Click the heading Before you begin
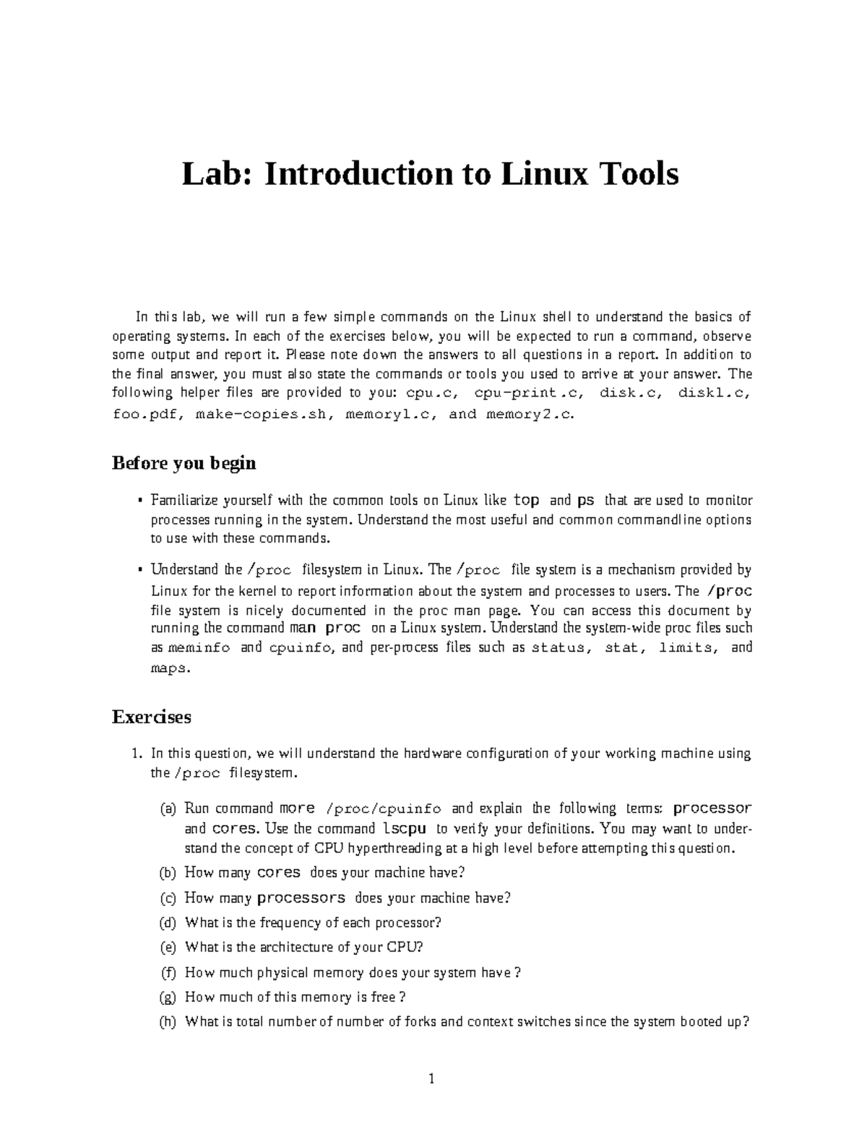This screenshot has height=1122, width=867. (184, 463)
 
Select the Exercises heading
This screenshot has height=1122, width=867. (151, 717)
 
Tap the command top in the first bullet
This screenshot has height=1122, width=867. (526, 500)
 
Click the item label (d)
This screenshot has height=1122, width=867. (168, 923)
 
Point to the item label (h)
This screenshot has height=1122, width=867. (168, 1022)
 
